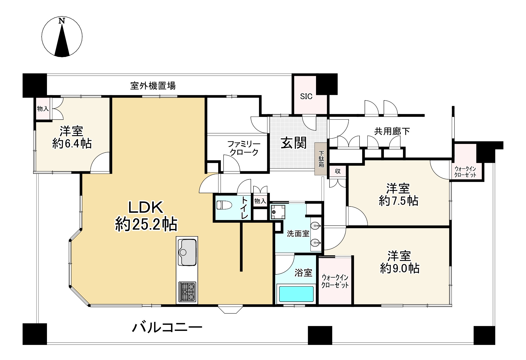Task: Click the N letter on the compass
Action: pos(62,21)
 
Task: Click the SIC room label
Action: pos(306,96)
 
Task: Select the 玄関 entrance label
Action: pos(293,143)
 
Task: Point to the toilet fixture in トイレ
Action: pos(224,205)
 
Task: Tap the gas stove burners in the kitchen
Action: pos(187,292)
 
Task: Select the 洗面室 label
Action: pos(298,234)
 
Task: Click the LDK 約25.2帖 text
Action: pos(146,216)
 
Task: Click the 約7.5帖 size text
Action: pos(398,201)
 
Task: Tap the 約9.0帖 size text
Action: pos(400,269)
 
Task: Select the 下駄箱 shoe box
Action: pos(321,159)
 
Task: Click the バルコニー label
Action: pos(167,328)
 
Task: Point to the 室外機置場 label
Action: pos(153,86)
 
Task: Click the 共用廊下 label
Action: pos(392,131)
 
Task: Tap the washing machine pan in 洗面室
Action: pos(278,212)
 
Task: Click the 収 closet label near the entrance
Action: pos(337,171)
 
